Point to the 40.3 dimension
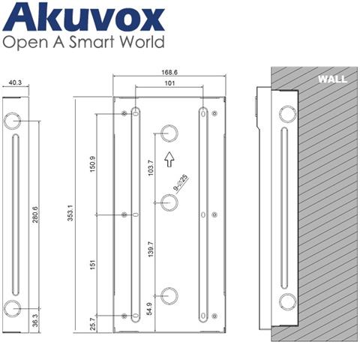[x=15, y=85]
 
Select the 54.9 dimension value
[x=151, y=309]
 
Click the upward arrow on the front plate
[x=169, y=158]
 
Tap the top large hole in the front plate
[x=169, y=132]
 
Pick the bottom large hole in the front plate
[x=169, y=295]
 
